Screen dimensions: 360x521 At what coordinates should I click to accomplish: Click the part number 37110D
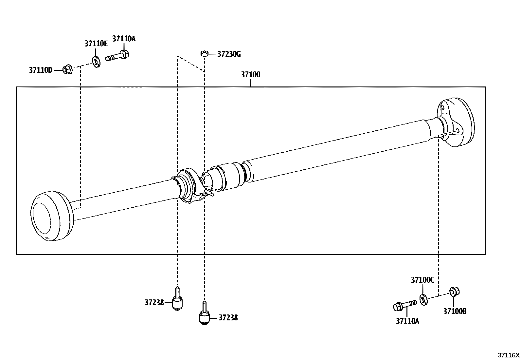pyautogui.click(x=41, y=70)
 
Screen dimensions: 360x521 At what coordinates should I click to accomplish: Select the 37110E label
pyautogui.click(x=96, y=44)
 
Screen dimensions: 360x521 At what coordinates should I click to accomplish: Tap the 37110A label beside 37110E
pyautogui.click(x=124, y=39)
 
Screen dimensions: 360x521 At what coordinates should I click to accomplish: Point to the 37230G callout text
pyautogui.click(x=229, y=54)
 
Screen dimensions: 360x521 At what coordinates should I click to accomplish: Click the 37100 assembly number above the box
pyautogui.click(x=251, y=75)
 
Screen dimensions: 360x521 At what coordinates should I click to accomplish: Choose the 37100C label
pyautogui.click(x=422, y=280)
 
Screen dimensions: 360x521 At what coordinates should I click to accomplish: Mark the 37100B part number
pyautogui.click(x=455, y=312)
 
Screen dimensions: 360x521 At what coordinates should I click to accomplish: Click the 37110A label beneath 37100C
pyautogui.click(x=407, y=321)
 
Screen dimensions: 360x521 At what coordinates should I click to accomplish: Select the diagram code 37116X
pyautogui.click(x=509, y=355)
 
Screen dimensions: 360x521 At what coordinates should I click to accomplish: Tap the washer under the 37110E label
pyautogui.click(x=96, y=61)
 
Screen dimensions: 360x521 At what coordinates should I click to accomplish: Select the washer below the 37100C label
pyautogui.click(x=423, y=299)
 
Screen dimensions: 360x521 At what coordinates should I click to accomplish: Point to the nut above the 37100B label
pyautogui.click(x=454, y=291)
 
